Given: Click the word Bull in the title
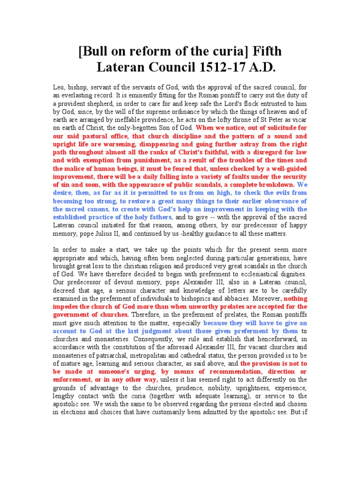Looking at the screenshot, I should tap(96, 51).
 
